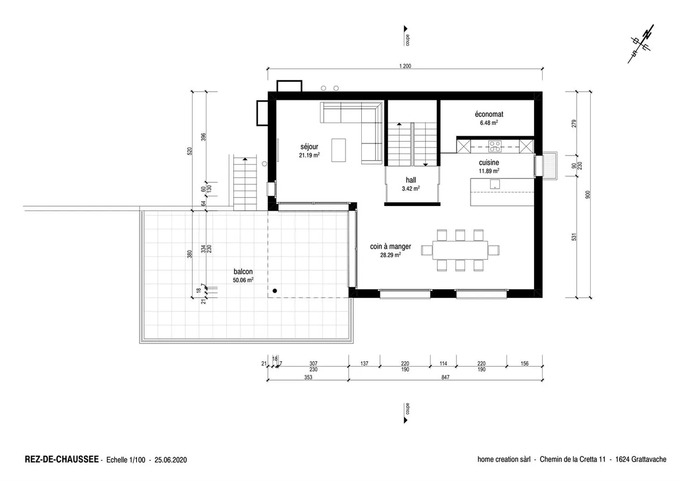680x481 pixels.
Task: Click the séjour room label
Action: coord(309,146)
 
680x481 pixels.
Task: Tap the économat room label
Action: coord(489,114)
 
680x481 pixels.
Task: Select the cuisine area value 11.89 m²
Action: coord(489,171)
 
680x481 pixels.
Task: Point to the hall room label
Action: coord(411,180)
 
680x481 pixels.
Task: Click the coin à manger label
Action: coord(390,246)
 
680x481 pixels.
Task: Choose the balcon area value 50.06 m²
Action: coord(243,280)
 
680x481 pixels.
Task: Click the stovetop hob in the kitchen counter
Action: coord(495,146)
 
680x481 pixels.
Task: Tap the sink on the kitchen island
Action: coord(494,184)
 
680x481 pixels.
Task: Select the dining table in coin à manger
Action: coord(460,250)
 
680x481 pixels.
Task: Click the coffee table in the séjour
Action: coord(338,150)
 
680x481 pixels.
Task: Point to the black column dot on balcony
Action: coord(274,291)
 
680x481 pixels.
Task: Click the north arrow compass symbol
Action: coord(641,44)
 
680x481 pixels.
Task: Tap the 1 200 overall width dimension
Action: coord(405,66)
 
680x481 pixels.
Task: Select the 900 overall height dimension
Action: coord(588,194)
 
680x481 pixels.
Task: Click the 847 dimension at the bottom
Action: coord(445,377)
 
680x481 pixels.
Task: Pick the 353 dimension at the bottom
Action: coord(308,377)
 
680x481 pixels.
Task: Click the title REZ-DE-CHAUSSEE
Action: coord(61,459)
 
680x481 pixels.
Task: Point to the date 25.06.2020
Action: coord(170,460)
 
